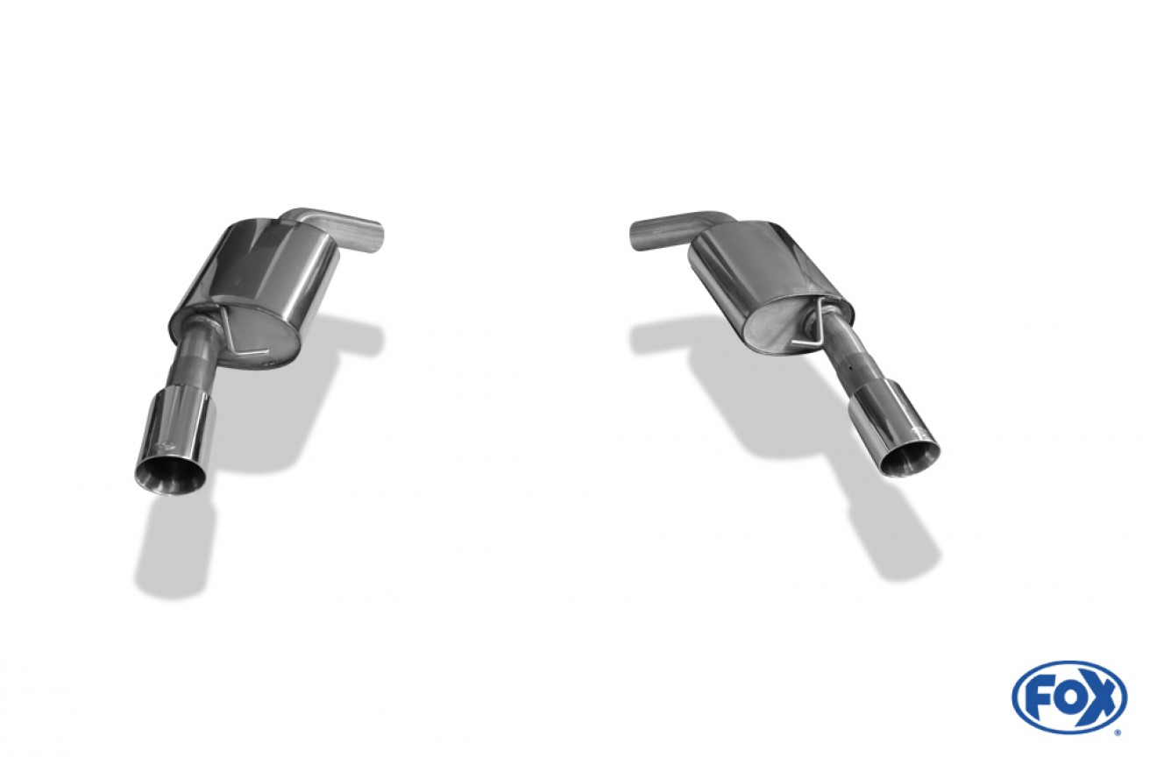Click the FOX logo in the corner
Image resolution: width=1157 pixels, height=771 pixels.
[1069, 697]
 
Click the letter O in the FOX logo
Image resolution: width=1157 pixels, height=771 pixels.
[1068, 697]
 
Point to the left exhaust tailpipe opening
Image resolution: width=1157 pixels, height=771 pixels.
[168, 477]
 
